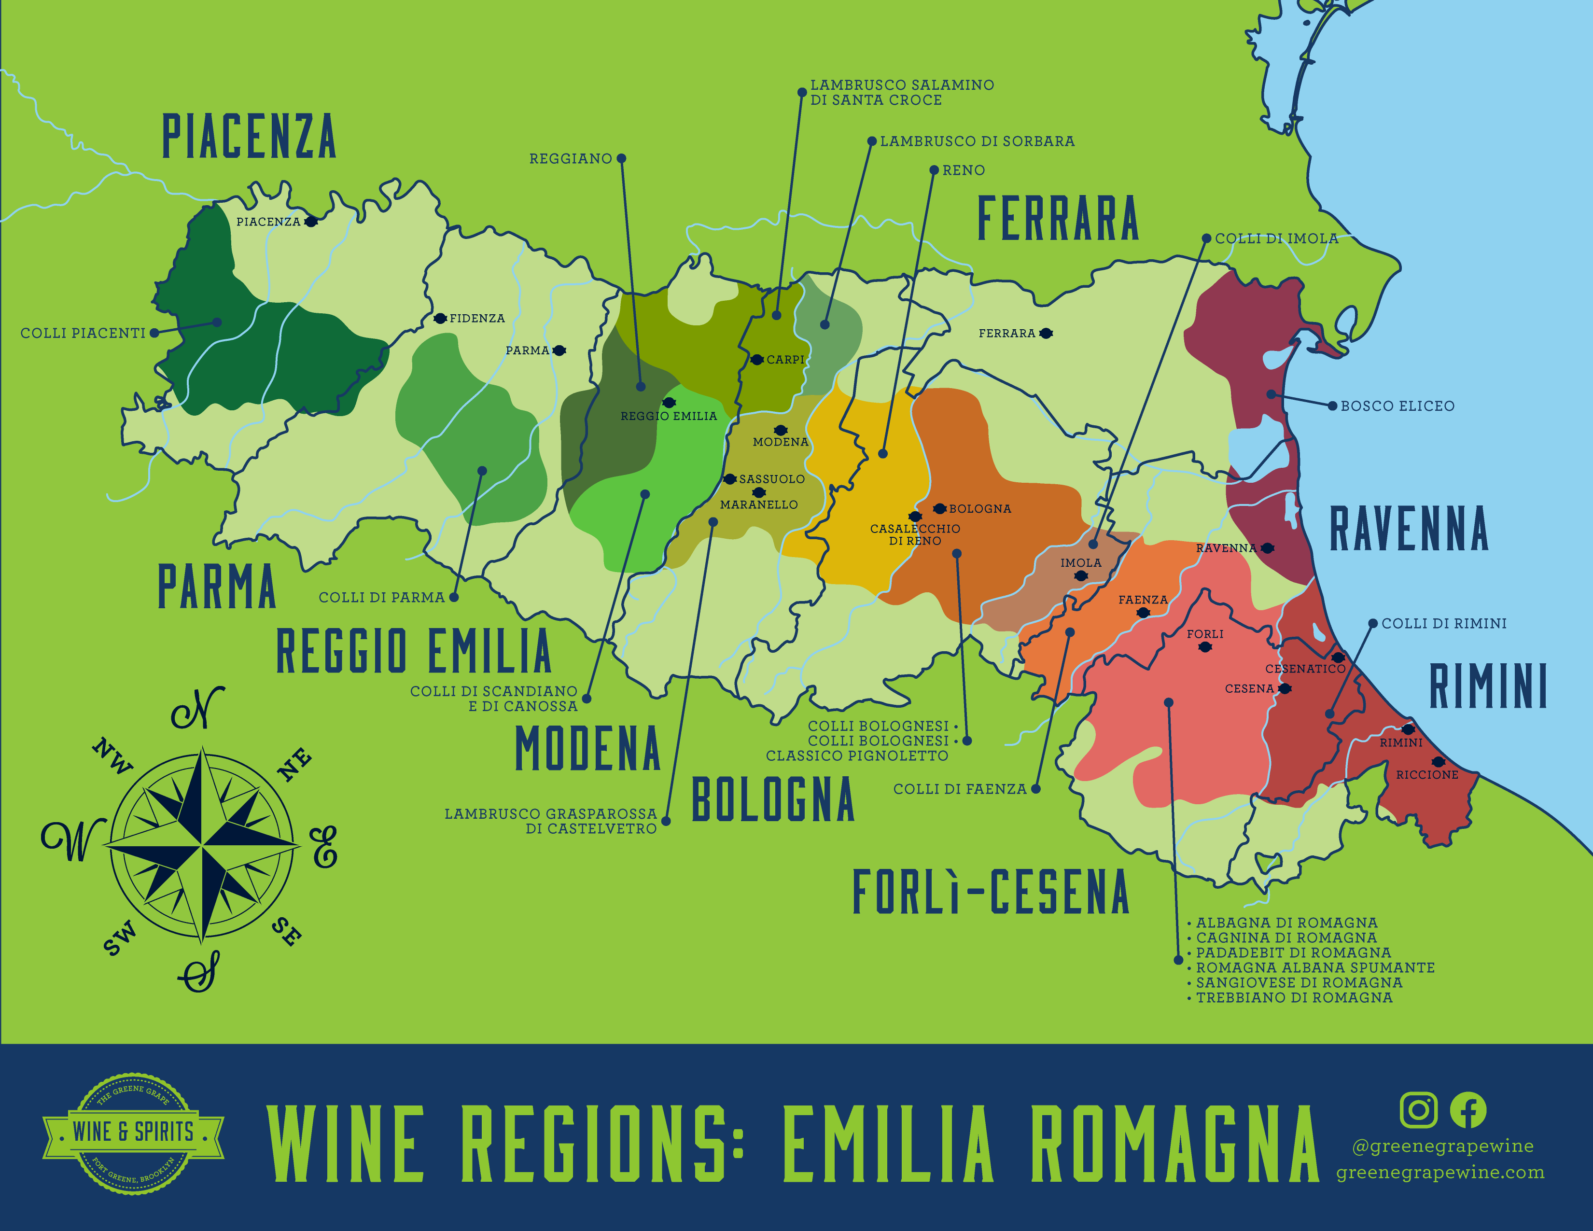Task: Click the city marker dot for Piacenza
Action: point(311,222)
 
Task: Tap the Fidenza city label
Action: point(477,319)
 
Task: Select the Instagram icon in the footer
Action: point(1418,1109)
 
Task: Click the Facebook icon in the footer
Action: point(1467,1109)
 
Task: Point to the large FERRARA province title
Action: point(1058,218)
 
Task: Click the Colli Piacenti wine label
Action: point(83,333)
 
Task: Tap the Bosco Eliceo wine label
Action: point(1397,406)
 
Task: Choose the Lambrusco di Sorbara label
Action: point(977,141)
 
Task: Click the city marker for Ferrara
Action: point(1046,333)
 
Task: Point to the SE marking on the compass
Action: point(287,932)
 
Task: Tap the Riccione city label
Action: point(1426,774)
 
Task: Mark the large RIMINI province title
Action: point(1488,686)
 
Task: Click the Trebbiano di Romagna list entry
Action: point(1294,998)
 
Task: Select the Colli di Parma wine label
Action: point(381,597)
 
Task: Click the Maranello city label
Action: point(758,504)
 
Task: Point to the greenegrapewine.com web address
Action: point(1440,1173)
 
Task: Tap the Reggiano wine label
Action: point(571,159)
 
